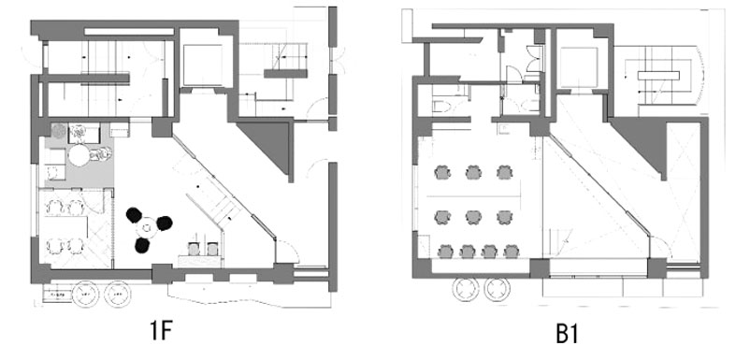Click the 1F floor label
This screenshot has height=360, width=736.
(162, 332)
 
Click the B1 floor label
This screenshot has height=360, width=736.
(567, 334)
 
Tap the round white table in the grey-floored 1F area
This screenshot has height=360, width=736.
(79, 155)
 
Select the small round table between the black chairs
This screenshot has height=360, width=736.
(147, 228)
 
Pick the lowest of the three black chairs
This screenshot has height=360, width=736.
(142, 246)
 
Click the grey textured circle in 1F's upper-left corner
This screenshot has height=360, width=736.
(59, 131)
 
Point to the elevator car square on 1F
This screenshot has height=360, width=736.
(202, 65)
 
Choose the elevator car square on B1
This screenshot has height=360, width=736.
(579, 67)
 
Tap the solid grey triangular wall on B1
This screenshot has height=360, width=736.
(645, 141)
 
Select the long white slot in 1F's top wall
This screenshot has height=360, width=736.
(129, 32)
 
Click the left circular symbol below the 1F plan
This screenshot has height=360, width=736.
(87, 294)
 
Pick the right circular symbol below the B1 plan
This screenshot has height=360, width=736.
(498, 289)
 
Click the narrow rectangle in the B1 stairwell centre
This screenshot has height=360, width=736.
(658, 76)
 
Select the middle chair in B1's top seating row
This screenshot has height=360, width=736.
(473, 172)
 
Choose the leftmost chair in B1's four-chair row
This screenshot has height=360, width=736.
(445, 252)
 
